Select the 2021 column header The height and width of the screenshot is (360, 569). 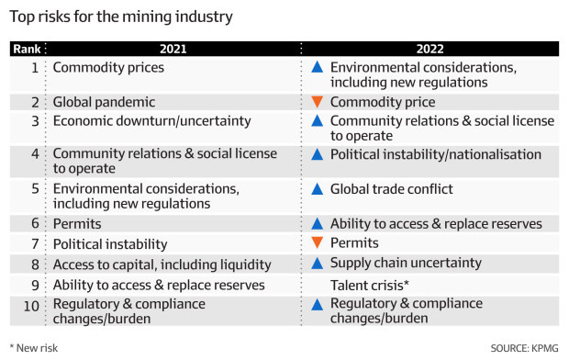(172, 49)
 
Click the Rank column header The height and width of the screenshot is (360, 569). (26, 49)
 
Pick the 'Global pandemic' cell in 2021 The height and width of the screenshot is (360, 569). (104, 103)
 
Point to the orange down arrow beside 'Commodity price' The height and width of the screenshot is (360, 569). (317, 103)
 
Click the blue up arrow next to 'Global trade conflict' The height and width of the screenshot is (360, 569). (317, 189)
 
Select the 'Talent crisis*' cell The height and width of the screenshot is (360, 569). (370, 285)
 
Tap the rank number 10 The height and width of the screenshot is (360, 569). (30, 304)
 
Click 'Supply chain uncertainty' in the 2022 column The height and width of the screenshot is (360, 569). (406, 264)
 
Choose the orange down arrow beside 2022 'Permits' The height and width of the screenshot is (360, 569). (317, 243)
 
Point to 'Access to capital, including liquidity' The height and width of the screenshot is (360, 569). (162, 264)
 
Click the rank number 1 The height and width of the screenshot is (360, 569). (35, 67)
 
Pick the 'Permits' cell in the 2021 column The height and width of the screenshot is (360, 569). (76, 223)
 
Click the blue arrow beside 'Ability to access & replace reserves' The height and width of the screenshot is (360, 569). (317, 223)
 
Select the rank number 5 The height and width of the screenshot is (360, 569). (35, 189)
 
